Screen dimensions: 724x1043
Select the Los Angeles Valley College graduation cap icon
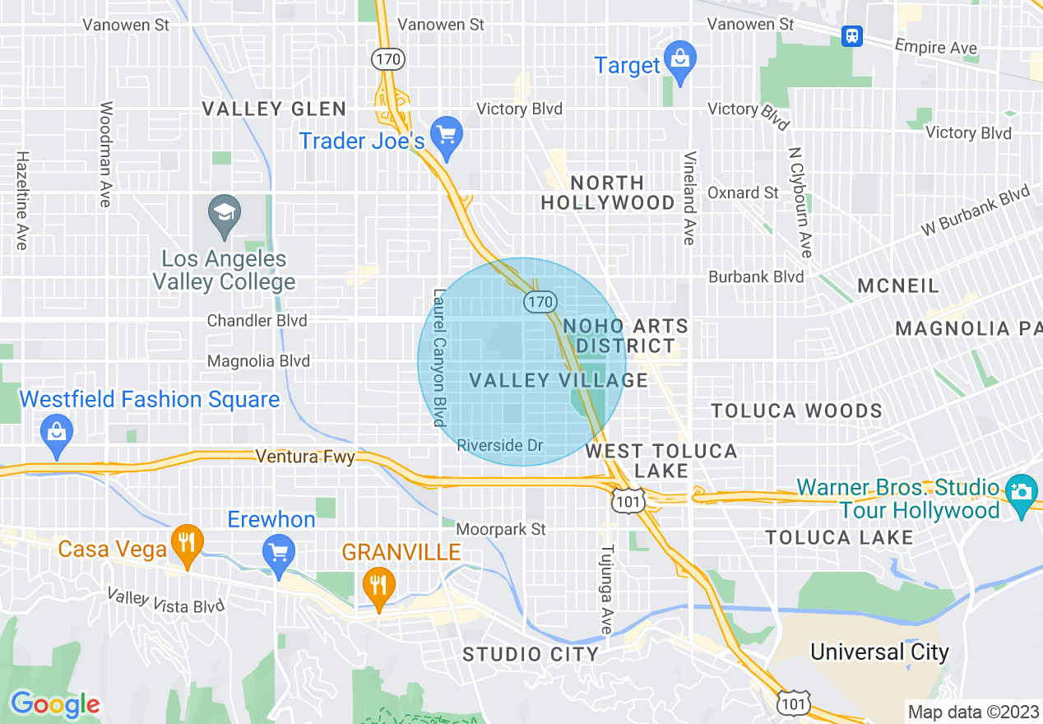tap(224, 214)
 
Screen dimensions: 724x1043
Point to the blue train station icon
tap(853, 35)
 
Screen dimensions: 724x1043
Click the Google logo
tap(55, 705)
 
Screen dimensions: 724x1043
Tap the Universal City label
tap(879, 652)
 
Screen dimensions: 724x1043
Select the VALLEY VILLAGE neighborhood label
tap(559, 380)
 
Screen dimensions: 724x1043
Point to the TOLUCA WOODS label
tap(796, 411)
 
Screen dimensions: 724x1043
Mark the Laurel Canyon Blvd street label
tap(439, 357)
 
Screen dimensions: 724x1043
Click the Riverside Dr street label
tap(500, 445)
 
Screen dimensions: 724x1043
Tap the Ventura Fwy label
tap(305, 456)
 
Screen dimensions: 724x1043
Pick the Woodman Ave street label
tap(106, 154)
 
